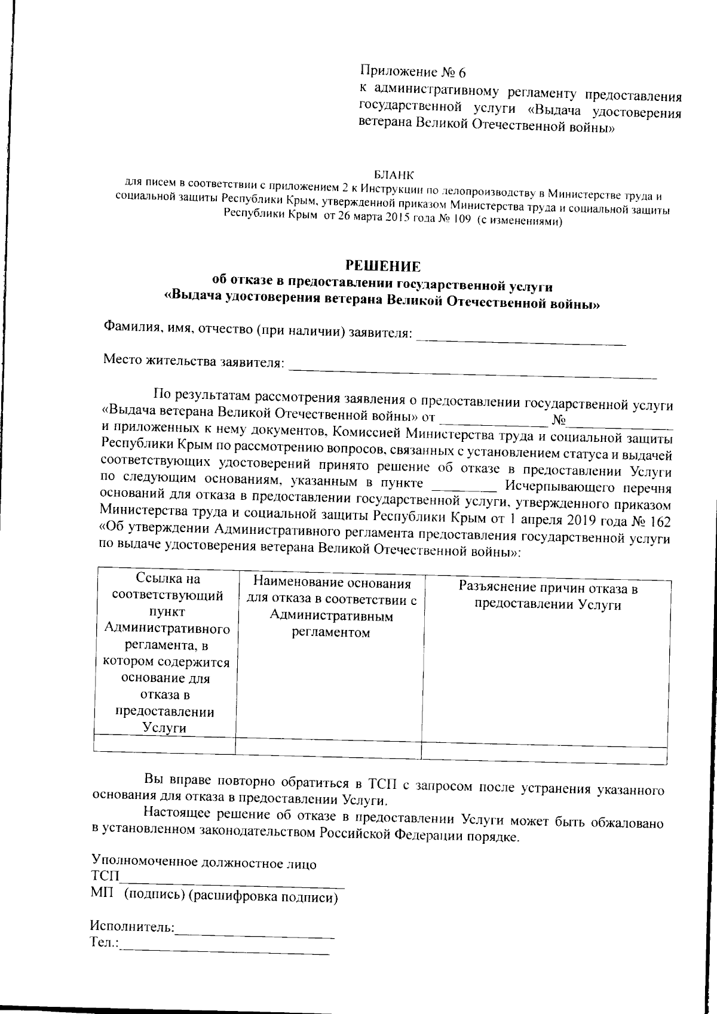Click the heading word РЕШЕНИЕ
click(x=384, y=266)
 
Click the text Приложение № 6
click(x=412, y=72)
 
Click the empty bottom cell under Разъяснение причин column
click(x=544, y=753)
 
